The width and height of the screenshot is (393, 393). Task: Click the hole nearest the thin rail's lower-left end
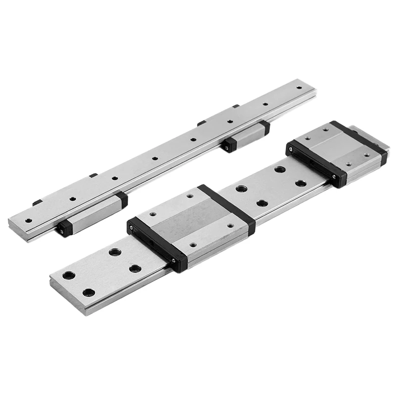[x=28, y=221]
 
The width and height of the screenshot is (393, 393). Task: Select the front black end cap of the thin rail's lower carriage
[x=64, y=228]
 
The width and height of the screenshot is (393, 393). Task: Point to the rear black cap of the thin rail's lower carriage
[x=122, y=199]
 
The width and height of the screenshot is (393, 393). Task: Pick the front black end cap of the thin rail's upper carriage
[x=229, y=145]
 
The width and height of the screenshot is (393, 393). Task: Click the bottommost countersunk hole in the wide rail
[x=88, y=292]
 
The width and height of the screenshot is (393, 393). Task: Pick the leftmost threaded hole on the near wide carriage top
[x=152, y=214]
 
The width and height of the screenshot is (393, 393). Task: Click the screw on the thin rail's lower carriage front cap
[x=61, y=226]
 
